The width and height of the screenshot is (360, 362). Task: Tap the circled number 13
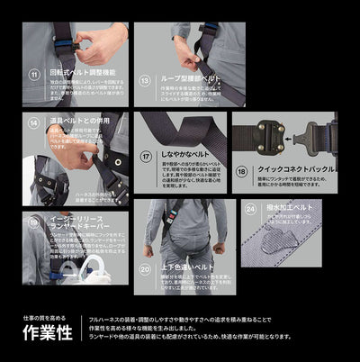pyautogui.click(x=145, y=78)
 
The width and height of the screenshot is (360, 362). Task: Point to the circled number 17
pyautogui.click(x=146, y=155)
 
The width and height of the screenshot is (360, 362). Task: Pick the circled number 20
pyautogui.click(x=146, y=267)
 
